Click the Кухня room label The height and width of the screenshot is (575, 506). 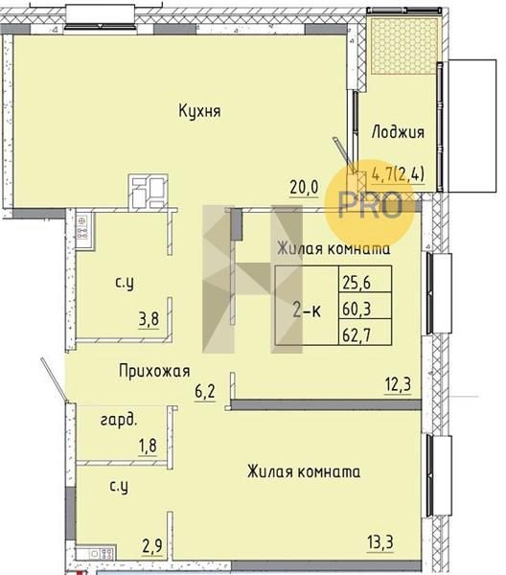(x=199, y=110)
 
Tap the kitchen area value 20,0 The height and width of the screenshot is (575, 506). (x=304, y=188)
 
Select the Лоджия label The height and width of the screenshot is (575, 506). (x=398, y=132)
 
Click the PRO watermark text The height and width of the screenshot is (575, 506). (x=370, y=205)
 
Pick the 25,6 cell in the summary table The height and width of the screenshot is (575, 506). (x=356, y=283)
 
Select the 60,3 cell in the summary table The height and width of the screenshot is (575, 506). (x=356, y=309)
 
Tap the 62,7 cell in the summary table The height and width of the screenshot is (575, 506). (x=356, y=334)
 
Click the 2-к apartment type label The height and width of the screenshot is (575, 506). (x=307, y=311)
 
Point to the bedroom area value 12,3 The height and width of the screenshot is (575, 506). (x=398, y=385)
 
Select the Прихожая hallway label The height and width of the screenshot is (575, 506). (x=154, y=371)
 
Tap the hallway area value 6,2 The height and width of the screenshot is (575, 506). (x=205, y=392)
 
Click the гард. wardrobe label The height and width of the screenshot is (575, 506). (x=119, y=421)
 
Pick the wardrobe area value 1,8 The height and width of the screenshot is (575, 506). (x=148, y=447)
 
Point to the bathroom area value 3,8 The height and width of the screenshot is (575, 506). (x=149, y=319)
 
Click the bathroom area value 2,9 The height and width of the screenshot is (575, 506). (x=152, y=547)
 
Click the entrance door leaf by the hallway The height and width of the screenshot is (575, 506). (x=54, y=379)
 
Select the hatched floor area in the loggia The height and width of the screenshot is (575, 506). (x=404, y=45)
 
